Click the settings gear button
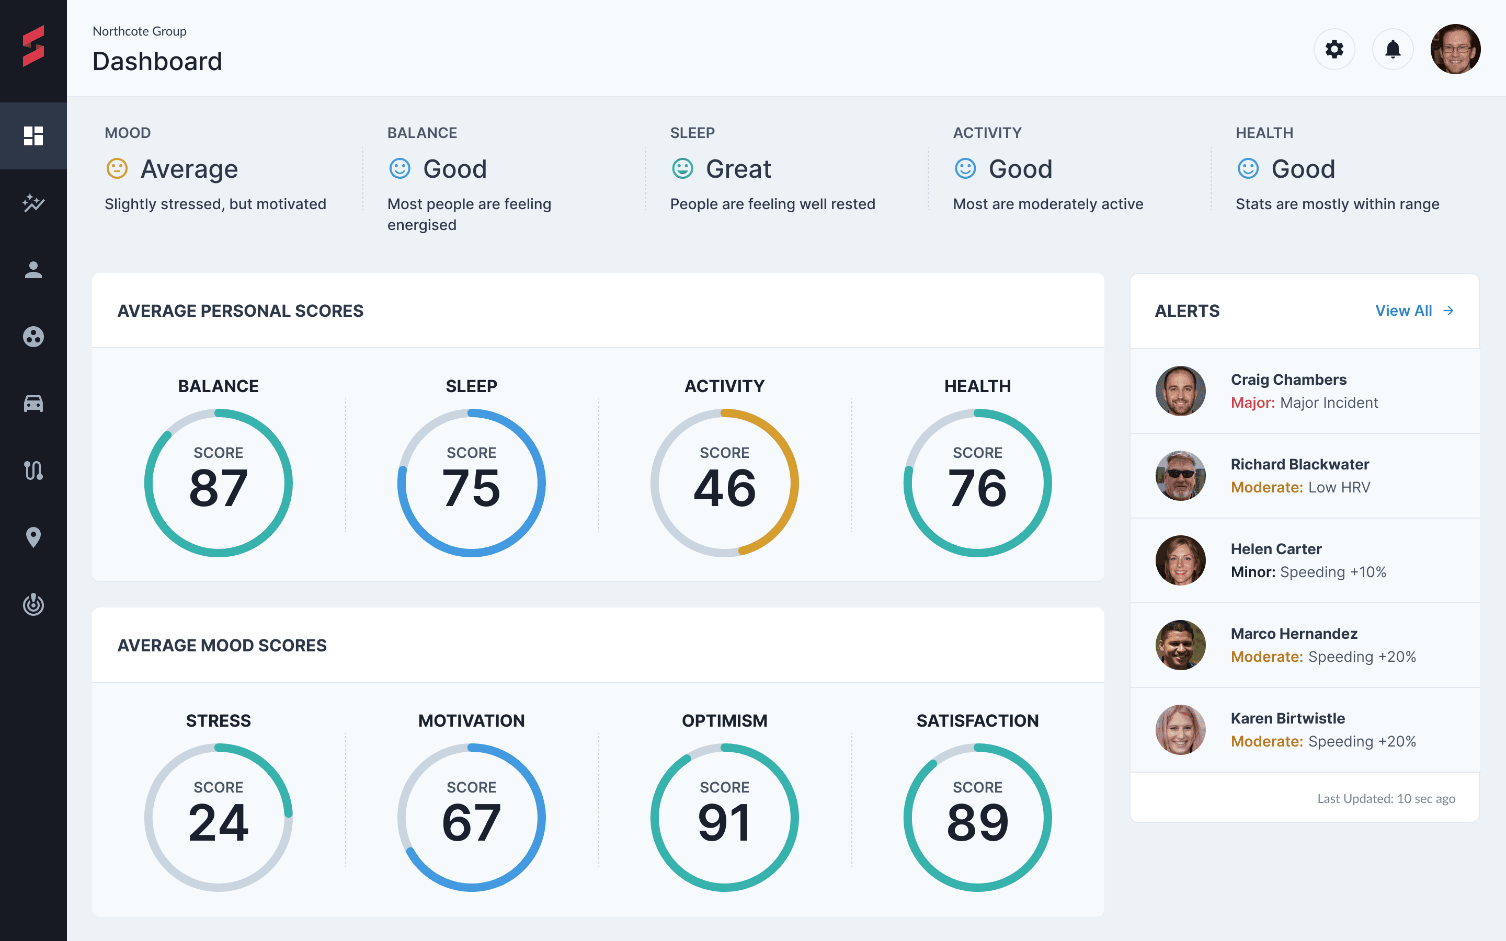[x=1333, y=49]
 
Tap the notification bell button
[x=1393, y=49]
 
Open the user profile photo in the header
[x=1455, y=49]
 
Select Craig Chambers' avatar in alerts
[x=1181, y=391]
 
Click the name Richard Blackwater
[x=1299, y=464]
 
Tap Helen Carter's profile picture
[x=1181, y=560]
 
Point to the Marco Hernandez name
[x=1294, y=634]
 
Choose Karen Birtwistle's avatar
[x=1181, y=729]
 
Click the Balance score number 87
[x=219, y=488]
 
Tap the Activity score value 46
[x=724, y=488]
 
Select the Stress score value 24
[x=219, y=823]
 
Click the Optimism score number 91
[x=724, y=823]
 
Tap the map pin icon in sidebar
[x=33, y=537]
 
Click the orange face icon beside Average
[x=117, y=169]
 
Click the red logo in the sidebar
[x=33, y=45]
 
